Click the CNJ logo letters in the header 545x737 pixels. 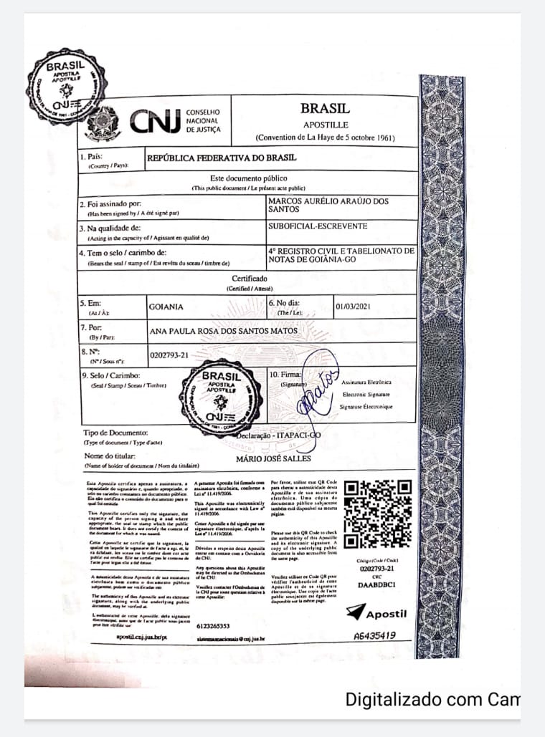(155, 122)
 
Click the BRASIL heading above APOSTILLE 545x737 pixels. (325, 109)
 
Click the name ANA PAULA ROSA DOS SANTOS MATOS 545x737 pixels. (222, 332)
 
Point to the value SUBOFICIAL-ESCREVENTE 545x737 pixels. (317, 226)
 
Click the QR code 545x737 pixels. (377, 513)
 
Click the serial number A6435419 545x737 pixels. (375, 635)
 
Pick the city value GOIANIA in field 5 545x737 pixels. (166, 307)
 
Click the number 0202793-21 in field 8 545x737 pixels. (169, 355)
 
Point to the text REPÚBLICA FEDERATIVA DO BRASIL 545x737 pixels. (222, 158)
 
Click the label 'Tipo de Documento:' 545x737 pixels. (115, 433)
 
